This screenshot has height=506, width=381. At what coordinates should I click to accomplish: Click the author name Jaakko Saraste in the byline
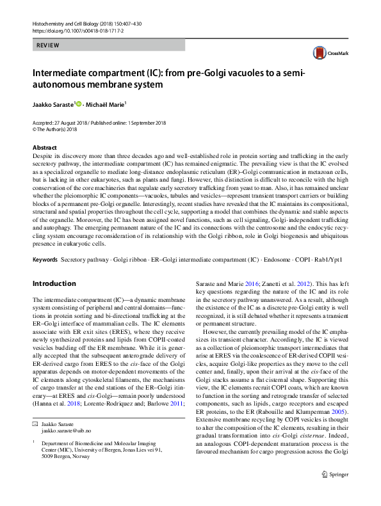(53, 102)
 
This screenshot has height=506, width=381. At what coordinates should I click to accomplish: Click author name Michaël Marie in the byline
(107, 102)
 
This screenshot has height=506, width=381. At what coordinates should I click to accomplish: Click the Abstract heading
(45, 148)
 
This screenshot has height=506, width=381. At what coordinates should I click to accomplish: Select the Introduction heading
(54, 283)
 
